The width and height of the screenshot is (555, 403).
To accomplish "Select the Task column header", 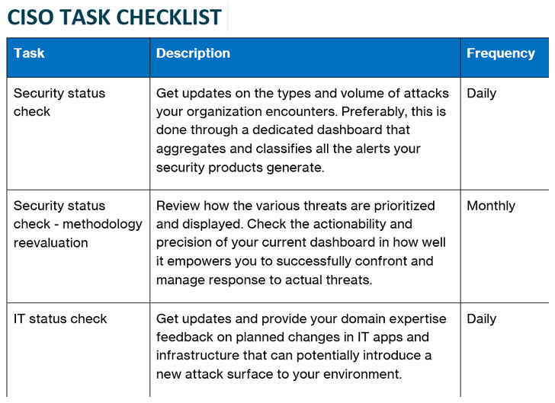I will click(29, 53).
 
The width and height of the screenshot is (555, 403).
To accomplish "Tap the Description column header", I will click(193, 53).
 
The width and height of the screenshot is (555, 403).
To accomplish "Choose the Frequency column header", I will click(500, 53).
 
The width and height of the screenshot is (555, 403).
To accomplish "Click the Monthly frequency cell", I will click(490, 206).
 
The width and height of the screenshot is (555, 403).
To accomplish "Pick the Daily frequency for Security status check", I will click(481, 93).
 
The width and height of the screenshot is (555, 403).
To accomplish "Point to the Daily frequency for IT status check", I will click(481, 318).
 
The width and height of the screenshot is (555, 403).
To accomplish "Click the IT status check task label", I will click(60, 318).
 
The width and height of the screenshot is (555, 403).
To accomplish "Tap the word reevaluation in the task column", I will click(50, 243).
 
